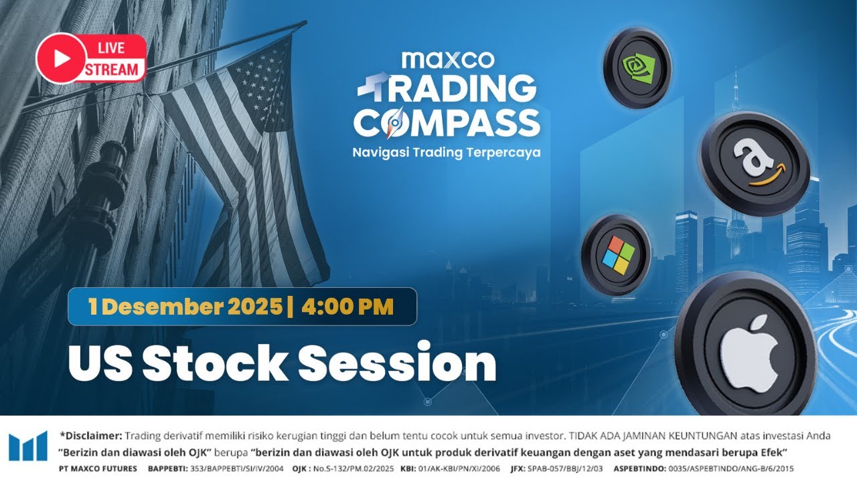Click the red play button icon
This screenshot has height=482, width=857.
pos(61,58)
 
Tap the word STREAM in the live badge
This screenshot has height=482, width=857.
pos(112,68)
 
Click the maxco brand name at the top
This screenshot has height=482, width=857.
pos(448,60)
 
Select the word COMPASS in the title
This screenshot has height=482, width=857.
pos(447,123)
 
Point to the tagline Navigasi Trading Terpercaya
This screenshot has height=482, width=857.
pos(447,153)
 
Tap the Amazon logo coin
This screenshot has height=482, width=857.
pos(755,163)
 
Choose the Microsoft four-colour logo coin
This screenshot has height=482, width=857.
pos(616,255)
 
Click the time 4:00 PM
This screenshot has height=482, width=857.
pos(347,307)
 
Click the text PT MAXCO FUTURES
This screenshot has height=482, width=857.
pos(98,468)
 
